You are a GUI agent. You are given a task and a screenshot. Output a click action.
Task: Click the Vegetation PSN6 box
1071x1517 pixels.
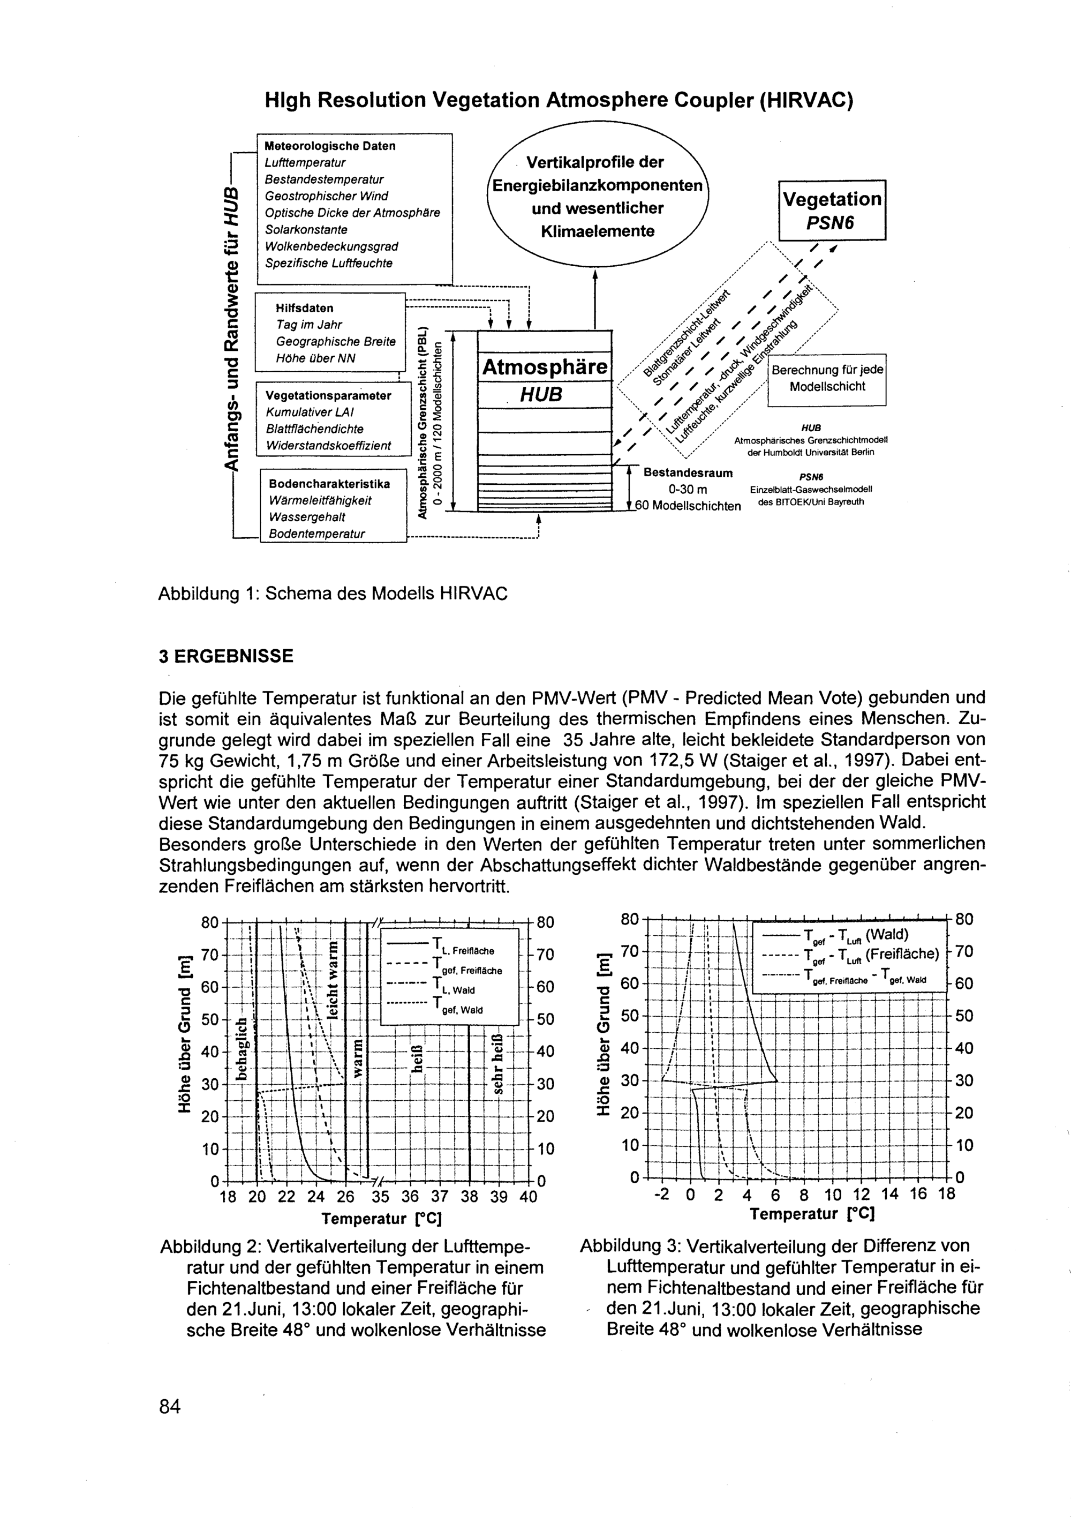point(832,210)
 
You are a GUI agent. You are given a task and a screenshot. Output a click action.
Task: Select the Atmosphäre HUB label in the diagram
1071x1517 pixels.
point(545,380)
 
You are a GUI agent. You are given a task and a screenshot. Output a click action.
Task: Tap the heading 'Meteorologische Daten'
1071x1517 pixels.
point(330,146)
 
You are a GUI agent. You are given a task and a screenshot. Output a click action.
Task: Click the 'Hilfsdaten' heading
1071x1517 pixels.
point(305,308)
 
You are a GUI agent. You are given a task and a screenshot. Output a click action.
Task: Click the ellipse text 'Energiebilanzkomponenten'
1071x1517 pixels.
point(597,186)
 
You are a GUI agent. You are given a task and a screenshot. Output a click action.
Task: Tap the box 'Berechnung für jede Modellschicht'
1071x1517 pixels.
point(826,379)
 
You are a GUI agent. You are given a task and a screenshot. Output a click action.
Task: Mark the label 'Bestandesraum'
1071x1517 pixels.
point(688,473)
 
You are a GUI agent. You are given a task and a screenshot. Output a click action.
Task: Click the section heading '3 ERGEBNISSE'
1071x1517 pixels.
point(226,656)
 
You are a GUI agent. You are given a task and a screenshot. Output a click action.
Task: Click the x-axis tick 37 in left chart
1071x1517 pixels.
point(439,1197)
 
